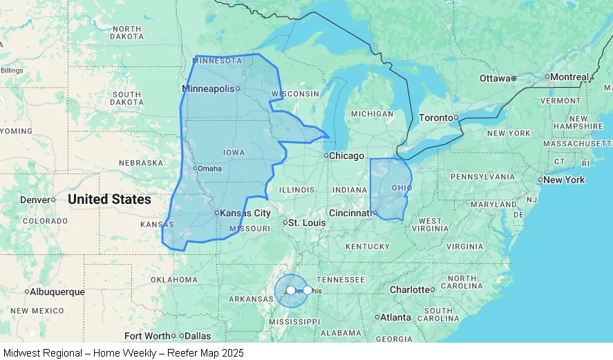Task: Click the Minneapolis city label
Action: point(209,88)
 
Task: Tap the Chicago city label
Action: point(346,156)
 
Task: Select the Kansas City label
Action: point(245,214)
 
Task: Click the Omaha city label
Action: point(209,169)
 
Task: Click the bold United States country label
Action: point(109,200)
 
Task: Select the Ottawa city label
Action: point(494,79)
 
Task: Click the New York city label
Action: point(564,180)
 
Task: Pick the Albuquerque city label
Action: point(57,292)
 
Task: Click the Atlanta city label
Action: point(395,318)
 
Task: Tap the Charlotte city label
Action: point(410,290)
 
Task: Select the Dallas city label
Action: point(198,337)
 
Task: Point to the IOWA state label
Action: point(234,153)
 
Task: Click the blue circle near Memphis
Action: point(291,290)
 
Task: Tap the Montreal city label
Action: point(569,77)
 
